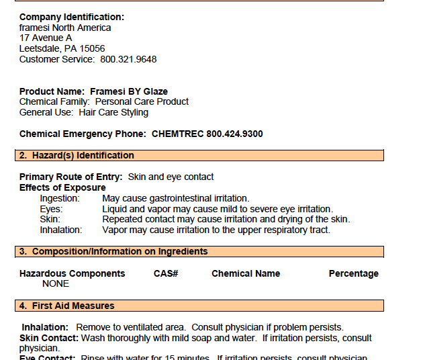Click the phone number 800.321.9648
128,59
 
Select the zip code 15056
92,48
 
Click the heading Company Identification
71,17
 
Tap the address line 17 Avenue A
46,38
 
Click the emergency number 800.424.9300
234,134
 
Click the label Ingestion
60,198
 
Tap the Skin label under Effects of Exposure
50,219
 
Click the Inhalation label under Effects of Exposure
60,230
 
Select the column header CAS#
166,273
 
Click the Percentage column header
353,273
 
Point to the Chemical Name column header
246,273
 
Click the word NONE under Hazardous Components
56,283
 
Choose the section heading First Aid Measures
73,306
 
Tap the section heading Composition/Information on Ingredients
120,251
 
